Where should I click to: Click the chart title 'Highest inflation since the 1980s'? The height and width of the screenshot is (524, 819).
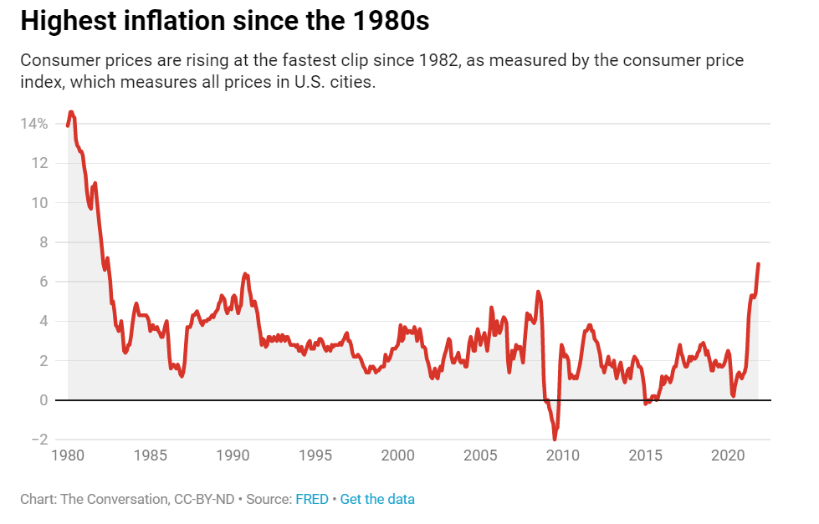pos(224,22)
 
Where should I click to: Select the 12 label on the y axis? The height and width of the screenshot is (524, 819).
pos(39,163)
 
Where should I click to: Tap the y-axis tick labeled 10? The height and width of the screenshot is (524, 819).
pos(39,203)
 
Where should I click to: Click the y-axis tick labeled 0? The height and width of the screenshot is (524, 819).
pos(43,400)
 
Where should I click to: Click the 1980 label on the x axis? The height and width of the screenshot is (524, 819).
pos(67,456)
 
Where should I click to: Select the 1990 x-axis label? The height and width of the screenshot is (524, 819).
pos(232,456)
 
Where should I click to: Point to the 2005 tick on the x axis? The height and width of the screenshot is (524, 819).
pos(479,456)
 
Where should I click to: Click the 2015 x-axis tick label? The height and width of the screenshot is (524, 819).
pos(645,456)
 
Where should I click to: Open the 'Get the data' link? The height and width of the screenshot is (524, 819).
pos(377,500)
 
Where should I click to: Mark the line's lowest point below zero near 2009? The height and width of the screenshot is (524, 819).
pos(555,439)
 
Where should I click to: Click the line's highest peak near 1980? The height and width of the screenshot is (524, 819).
pos(71,112)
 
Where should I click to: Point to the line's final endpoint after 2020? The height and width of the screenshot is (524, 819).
pos(758,264)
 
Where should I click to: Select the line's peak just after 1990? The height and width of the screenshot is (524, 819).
pos(245,273)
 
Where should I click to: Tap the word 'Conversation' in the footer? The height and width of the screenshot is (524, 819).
pos(125,500)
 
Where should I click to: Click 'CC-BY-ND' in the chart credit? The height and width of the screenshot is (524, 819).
pos(197,500)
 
